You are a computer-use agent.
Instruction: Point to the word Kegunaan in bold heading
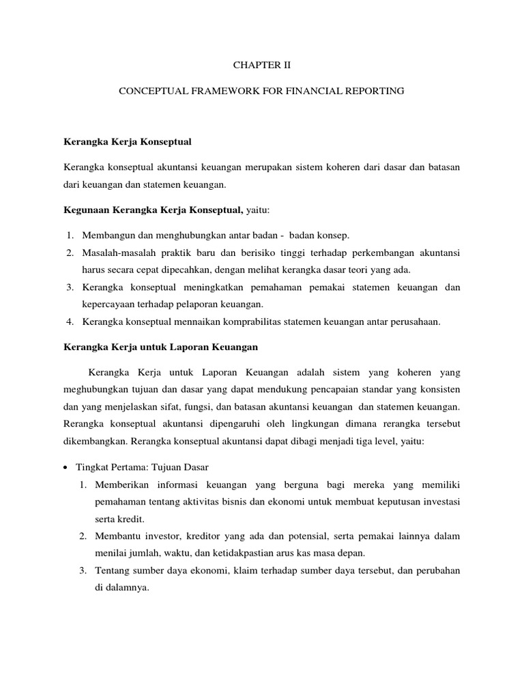85,210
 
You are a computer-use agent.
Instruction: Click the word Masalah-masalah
116,253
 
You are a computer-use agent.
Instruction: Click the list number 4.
70,322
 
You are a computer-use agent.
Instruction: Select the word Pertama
132,468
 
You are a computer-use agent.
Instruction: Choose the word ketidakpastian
240,553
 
